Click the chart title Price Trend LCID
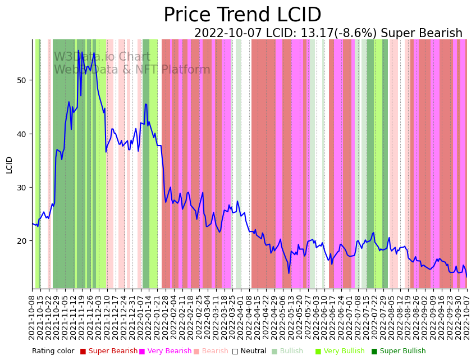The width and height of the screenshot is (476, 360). coord(242,15)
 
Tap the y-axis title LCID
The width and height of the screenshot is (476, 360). coord(9,165)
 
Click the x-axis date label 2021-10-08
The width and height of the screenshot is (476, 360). coord(33,315)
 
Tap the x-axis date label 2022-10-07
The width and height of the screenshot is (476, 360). coord(466,315)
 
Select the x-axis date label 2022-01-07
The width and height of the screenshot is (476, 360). coord(140,315)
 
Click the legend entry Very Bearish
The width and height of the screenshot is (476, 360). coord(169,351)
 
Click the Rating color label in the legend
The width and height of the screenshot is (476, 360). coord(53,351)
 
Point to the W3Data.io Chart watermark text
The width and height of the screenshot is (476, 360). coord(102,57)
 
